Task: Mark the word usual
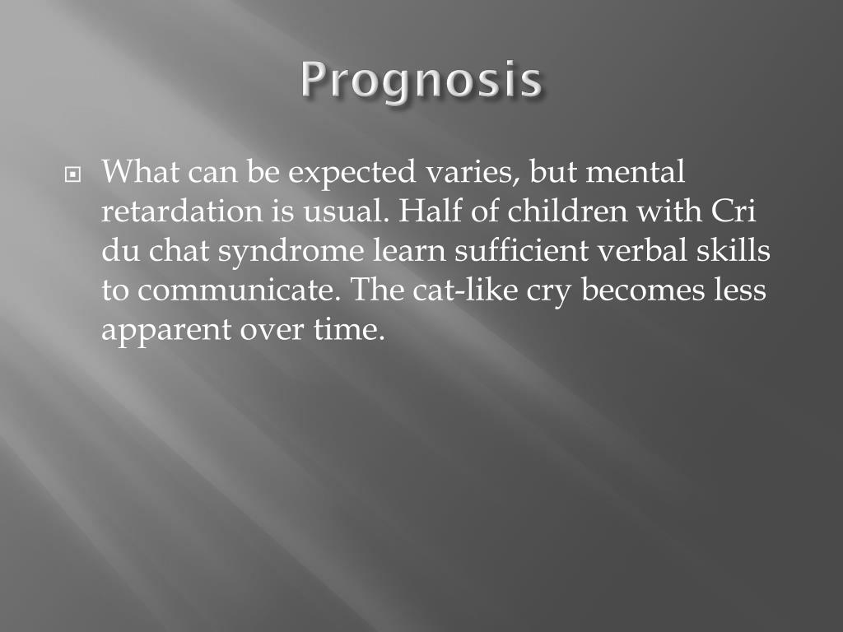(342, 212)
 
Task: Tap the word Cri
(732, 211)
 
